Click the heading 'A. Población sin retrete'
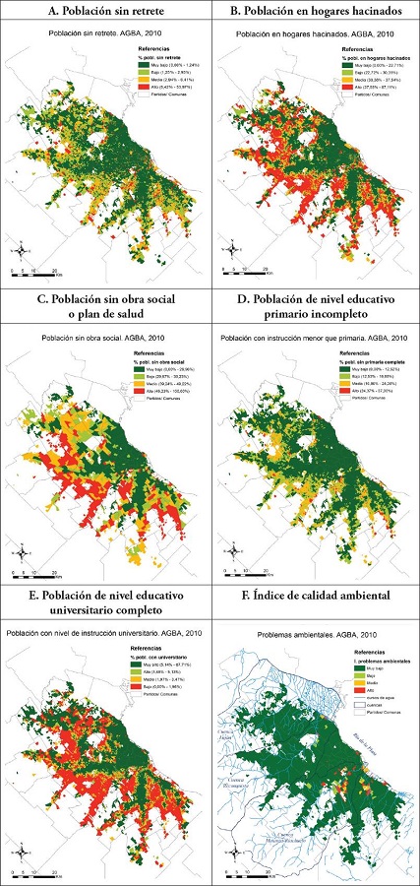pyautogui.click(x=105, y=11)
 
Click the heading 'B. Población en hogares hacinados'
pyautogui.click(x=315, y=11)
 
